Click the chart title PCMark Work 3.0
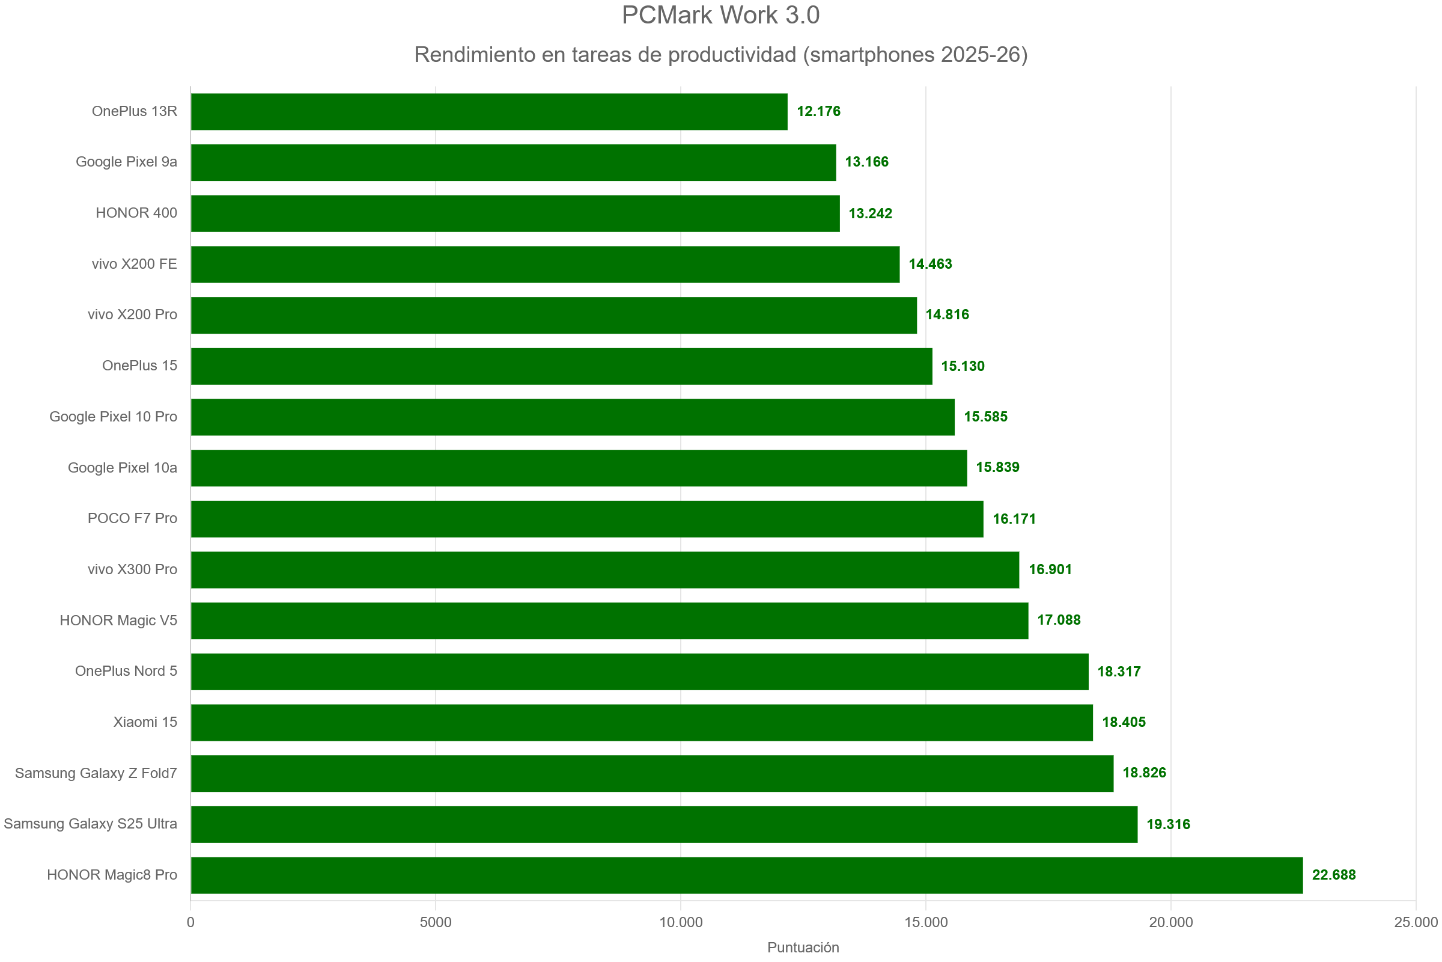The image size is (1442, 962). click(x=720, y=16)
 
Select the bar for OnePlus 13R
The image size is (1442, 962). click(x=488, y=112)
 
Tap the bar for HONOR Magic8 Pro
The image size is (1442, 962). click(x=746, y=875)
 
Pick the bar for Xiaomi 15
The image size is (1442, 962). click(x=641, y=722)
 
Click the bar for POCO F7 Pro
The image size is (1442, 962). click(x=587, y=519)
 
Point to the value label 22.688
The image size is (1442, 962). click(x=1333, y=875)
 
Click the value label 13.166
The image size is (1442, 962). click(x=866, y=162)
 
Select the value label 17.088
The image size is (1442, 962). click(x=1058, y=620)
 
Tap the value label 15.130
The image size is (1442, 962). click(x=963, y=366)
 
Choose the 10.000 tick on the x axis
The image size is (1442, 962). click(x=681, y=922)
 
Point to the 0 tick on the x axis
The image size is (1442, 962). click(x=190, y=922)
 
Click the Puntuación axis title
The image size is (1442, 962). click(x=803, y=948)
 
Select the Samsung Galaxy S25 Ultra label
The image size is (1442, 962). click(x=91, y=824)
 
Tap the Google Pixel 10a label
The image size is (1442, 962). click(x=122, y=468)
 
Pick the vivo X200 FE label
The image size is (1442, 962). click(x=134, y=265)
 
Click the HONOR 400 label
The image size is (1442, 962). click(x=136, y=213)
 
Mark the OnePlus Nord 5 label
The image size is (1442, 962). click(x=126, y=671)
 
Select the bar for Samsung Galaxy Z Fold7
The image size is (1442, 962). click(x=652, y=773)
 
